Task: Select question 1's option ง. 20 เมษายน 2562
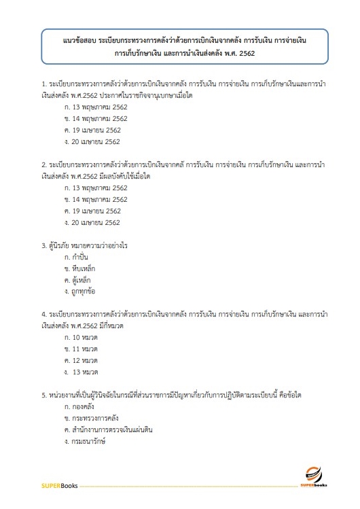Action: click(x=92, y=141)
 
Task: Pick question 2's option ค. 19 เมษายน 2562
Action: click(x=92, y=211)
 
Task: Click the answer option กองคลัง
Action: click(x=81, y=406)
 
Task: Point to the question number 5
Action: click(x=43, y=394)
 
